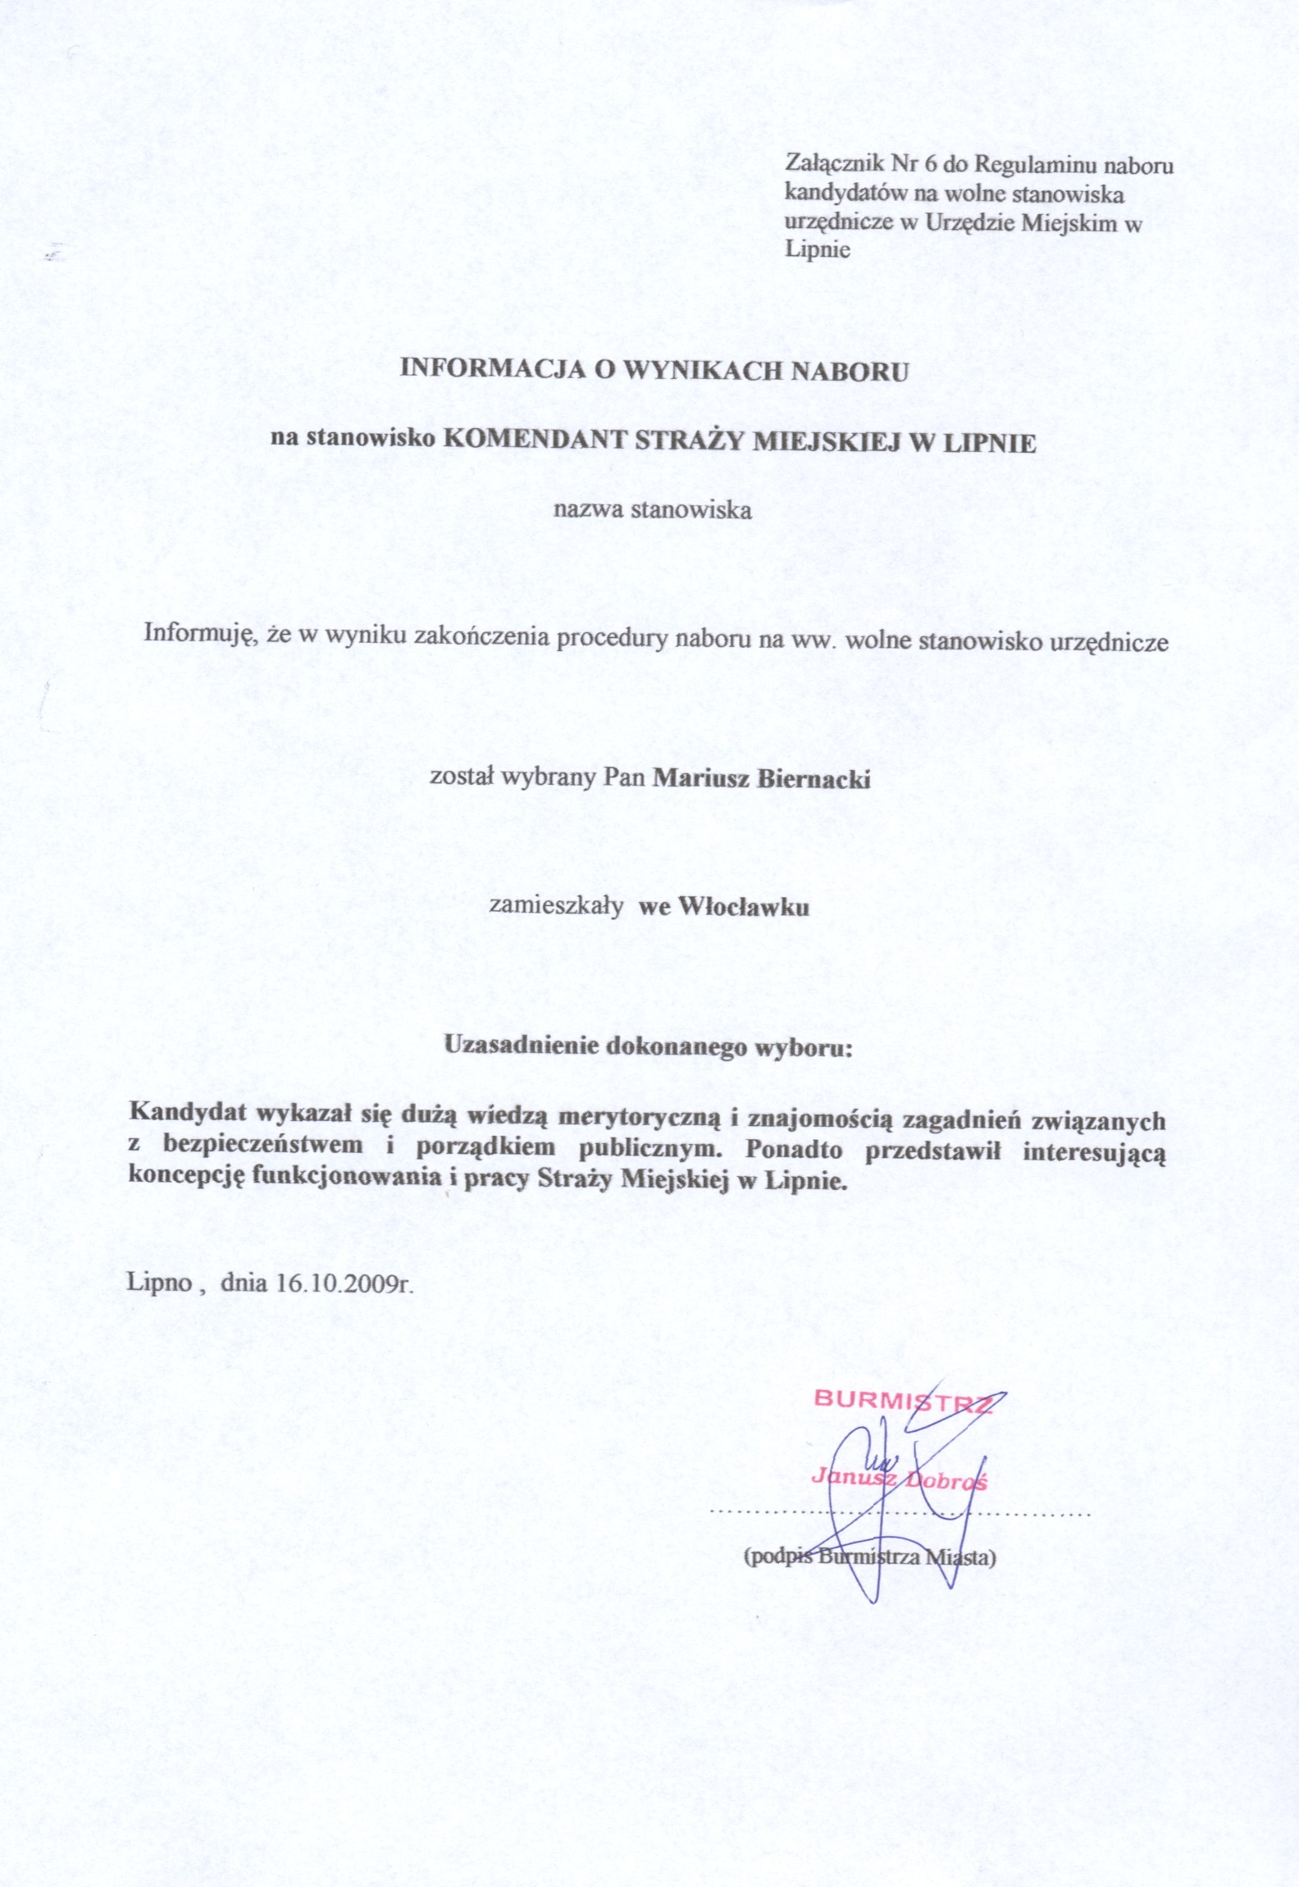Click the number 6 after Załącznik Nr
(x=930, y=165)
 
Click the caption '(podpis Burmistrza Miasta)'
(x=868, y=1557)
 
